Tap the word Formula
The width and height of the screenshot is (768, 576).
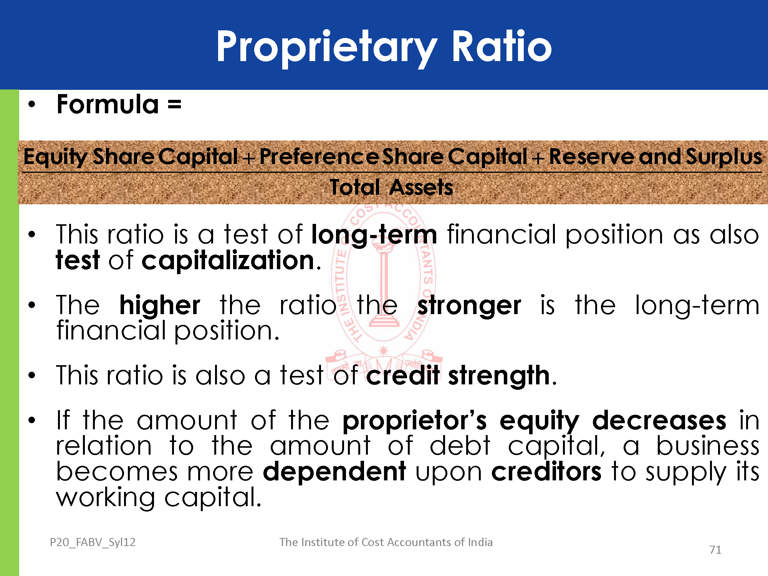tap(108, 104)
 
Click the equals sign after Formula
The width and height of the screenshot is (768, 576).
tap(174, 104)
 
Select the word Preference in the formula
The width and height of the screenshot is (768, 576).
tap(319, 156)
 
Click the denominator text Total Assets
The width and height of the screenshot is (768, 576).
tap(392, 187)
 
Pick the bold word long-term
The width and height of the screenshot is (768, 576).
tap(374, 235)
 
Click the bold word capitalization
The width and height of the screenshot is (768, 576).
tap(228, 261)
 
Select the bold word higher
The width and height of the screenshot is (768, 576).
tap(160, 305)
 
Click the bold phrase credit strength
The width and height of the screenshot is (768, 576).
tap(458, 375)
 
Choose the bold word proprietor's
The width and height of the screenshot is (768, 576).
tap(415, 420)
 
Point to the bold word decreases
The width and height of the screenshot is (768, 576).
tap(659, 420)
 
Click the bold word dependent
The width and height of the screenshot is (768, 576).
tap(334, 472)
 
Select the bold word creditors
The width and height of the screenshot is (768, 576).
tap(546, 472)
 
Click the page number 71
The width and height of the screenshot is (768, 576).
tap(715, 550)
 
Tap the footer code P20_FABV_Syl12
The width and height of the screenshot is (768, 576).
tap(93, 542)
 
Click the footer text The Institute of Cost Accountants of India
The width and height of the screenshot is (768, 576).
tap(386, 542)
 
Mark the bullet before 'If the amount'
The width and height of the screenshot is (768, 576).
tap(32, 420)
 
